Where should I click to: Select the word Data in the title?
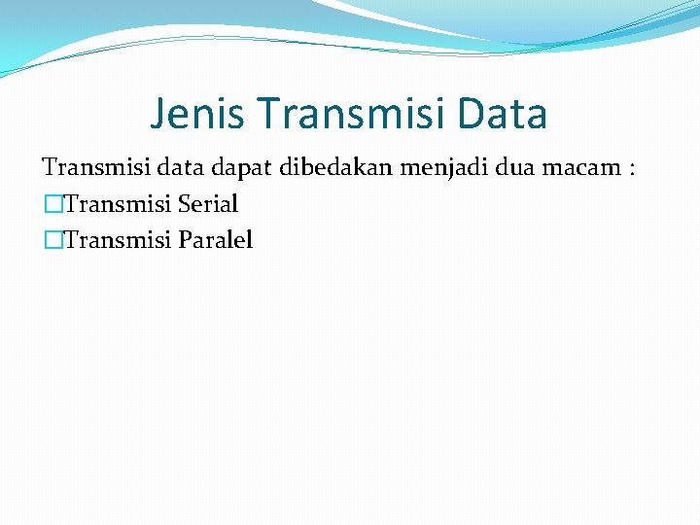(x=507, y=114)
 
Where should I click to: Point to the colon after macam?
(x=633, y=169)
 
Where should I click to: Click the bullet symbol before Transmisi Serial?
(x=51, y=204)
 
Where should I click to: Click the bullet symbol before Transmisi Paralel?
(x=51, y=240)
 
